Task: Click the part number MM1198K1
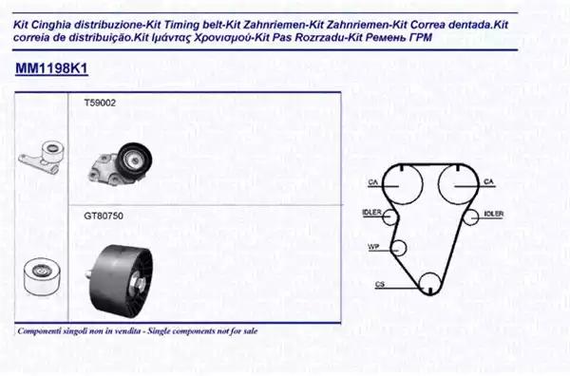coord(51,68)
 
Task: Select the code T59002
coord(100,103)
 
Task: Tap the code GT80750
coord(104,216)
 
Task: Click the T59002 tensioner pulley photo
coord(121,164)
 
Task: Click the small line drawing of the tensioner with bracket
coord(42,158)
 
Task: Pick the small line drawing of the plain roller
coord(42,276)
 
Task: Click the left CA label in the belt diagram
coord(373,181)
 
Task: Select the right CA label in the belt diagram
coord(489,181)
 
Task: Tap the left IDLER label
coord(371,213)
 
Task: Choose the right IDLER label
coord(494,214)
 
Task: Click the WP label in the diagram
coord(373,247)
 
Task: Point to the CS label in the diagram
coord(380,285)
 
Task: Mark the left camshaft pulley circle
coord(423,184)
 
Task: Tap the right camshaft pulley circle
coord(438,184)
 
